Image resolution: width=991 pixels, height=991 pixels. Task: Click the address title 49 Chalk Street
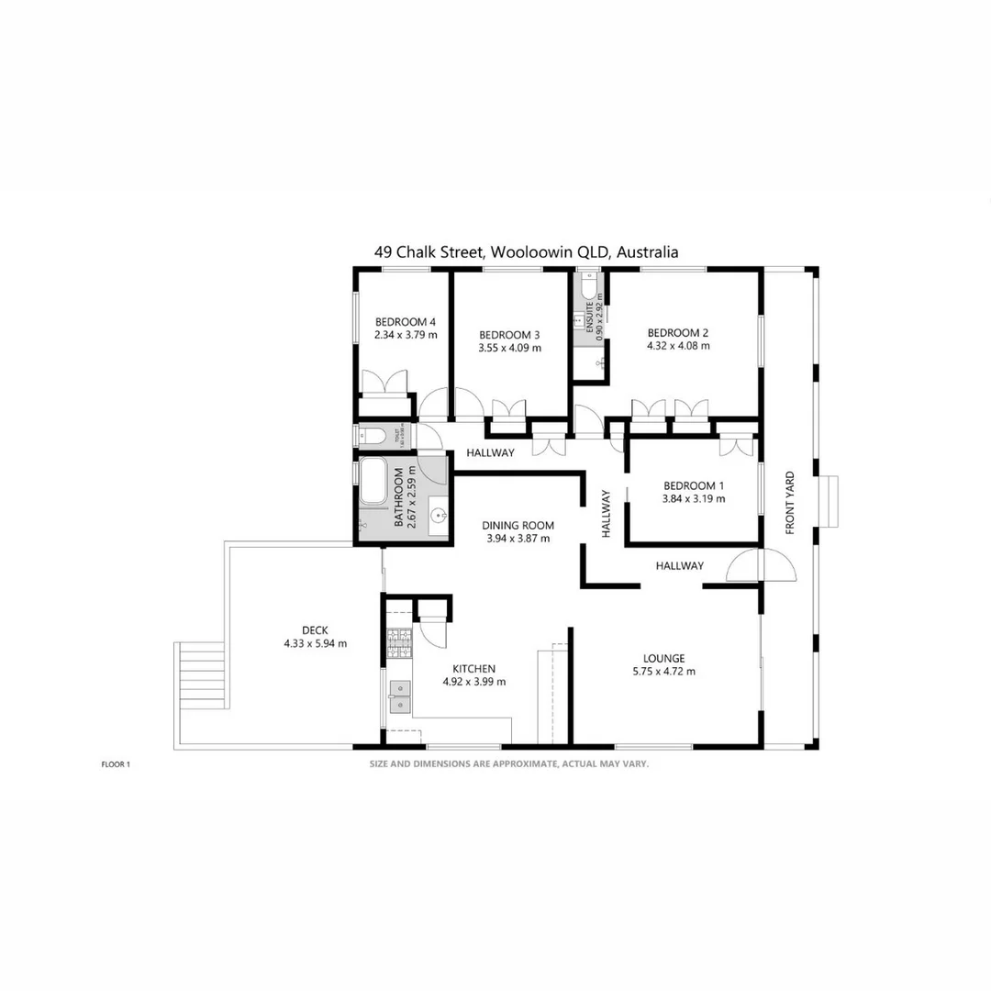pyautogui.click(x=526, y=251)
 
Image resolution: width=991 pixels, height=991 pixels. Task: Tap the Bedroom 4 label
pyautogui.click(x=405, y=322)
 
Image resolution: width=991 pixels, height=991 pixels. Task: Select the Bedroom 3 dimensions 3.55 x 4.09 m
pyautogui.click(x=509, y=348)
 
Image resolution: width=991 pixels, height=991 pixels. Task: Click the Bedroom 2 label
pyautogui.click(x=678, y=333)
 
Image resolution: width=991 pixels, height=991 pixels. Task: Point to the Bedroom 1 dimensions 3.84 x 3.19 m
pyautogui.click(x=694, y=499)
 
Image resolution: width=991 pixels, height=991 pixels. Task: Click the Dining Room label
pyautogui.click(x=518, y=526)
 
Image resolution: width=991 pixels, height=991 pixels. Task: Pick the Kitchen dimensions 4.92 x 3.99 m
pyautogui.click(x=474, y=682)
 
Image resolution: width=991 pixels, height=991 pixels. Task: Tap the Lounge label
pyautogui.click(x=663, y=658)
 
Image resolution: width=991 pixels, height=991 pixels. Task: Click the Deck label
pyautogui.click(x=315, y=629)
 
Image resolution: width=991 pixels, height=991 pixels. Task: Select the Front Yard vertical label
pyautogui.click(x=789, y=503)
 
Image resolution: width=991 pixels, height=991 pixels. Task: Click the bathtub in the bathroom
pyautogui.click(x=373, y=482)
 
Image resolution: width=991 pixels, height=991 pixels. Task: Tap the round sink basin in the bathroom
pyautogui.click(x=439, y=515)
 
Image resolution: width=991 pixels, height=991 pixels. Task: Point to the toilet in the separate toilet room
pyautogui.click(x=371, y=435)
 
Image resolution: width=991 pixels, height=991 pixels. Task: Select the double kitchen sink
pyautogui.click(x=399, y=696)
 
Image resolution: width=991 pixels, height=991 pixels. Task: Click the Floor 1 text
pyautogui.click(x=117, y=763)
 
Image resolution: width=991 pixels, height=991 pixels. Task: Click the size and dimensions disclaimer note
pyautogui.click(x=509, y=763)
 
